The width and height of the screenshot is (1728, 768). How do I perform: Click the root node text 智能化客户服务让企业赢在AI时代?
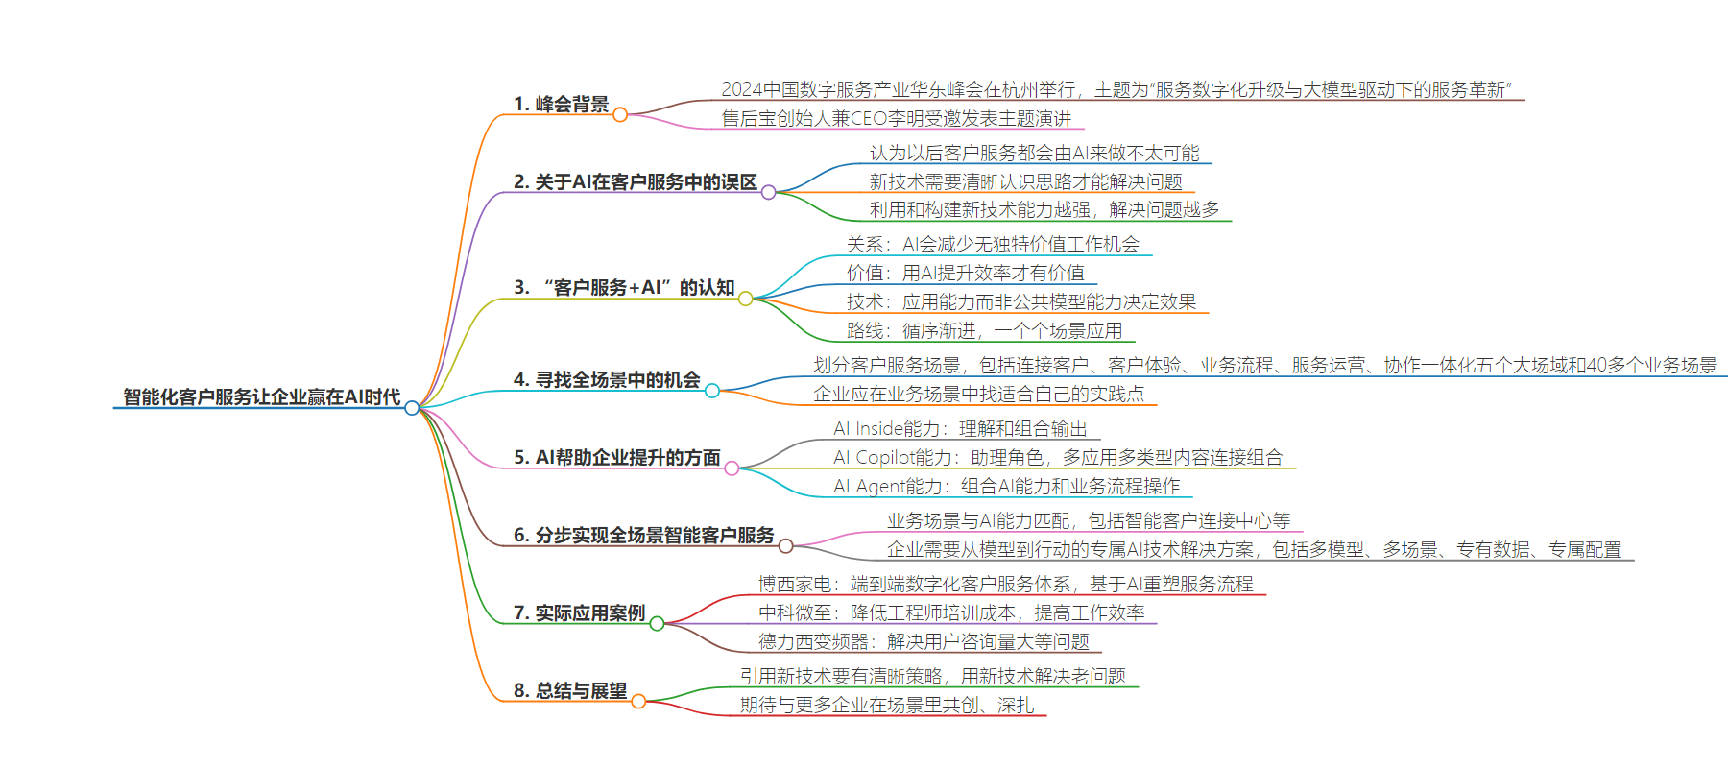[x=262, y=396]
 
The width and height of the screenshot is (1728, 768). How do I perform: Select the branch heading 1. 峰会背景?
[x=561, y=104]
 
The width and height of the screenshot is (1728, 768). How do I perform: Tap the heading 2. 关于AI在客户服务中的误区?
[x=636, y=181]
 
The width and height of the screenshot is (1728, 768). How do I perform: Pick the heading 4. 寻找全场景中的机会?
[x=607, y=379]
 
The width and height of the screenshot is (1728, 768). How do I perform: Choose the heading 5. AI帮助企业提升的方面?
[x=617, y=457]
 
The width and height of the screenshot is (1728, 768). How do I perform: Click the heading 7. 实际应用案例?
[x=579, y=612]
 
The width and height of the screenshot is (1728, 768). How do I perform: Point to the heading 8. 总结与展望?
[x=570, y=690]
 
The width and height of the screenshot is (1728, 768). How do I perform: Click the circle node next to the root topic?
[x=412, y=408]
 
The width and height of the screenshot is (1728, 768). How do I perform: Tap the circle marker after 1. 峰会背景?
[x=620, y=115]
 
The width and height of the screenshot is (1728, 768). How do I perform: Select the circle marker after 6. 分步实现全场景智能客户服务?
[x=786, y=546]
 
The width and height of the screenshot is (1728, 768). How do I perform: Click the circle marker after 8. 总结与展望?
[x=638, y=702]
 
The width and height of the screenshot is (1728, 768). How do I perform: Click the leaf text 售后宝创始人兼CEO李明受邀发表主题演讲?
[x=897, y=118]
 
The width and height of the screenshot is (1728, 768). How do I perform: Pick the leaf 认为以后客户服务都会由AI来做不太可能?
[x=1035, y=153]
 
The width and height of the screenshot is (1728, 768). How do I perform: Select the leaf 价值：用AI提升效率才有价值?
[x=966, y=273]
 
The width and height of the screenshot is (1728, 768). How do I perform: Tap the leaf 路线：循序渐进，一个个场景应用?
[x=985, y=330]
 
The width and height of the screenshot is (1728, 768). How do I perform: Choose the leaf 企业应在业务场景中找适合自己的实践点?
[x=979, y=394]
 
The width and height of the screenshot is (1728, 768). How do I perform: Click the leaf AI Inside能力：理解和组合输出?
[x=961, y=428]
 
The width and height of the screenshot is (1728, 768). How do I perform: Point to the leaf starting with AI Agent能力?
[x=1007, y=486]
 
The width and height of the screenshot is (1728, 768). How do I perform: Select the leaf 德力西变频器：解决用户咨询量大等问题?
[x=924, y=641]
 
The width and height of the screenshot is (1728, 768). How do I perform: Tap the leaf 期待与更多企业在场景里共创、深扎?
[x=887, y=705]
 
